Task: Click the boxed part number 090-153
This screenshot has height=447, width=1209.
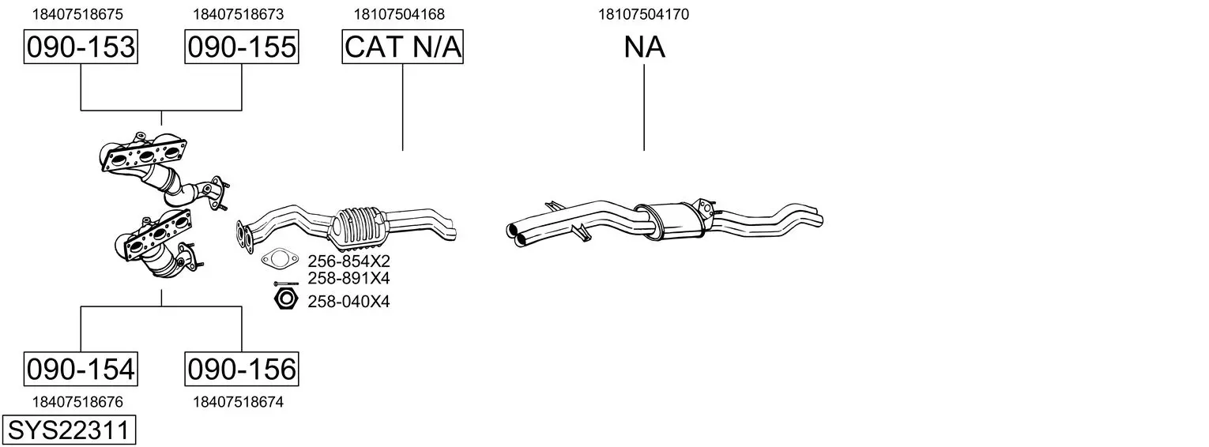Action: click(x=81, y=47)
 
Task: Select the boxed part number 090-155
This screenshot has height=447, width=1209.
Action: click(x=241, y=47)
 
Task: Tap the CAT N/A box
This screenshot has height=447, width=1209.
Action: click(x=403, y=47)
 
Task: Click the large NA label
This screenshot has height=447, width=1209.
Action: click(x=644, y=47)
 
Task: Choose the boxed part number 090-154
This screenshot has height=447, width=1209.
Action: click(x=81, y=369)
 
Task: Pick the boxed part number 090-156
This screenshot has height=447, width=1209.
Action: click(x=241, y=369)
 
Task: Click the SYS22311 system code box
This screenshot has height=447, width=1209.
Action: click(x=69, y=430)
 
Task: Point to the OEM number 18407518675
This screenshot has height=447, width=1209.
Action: click(x=77, y=14)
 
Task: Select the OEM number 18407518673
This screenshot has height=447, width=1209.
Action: click(x=238, y=14)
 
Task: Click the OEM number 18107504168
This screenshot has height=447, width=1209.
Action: click(x=399, y=14)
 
